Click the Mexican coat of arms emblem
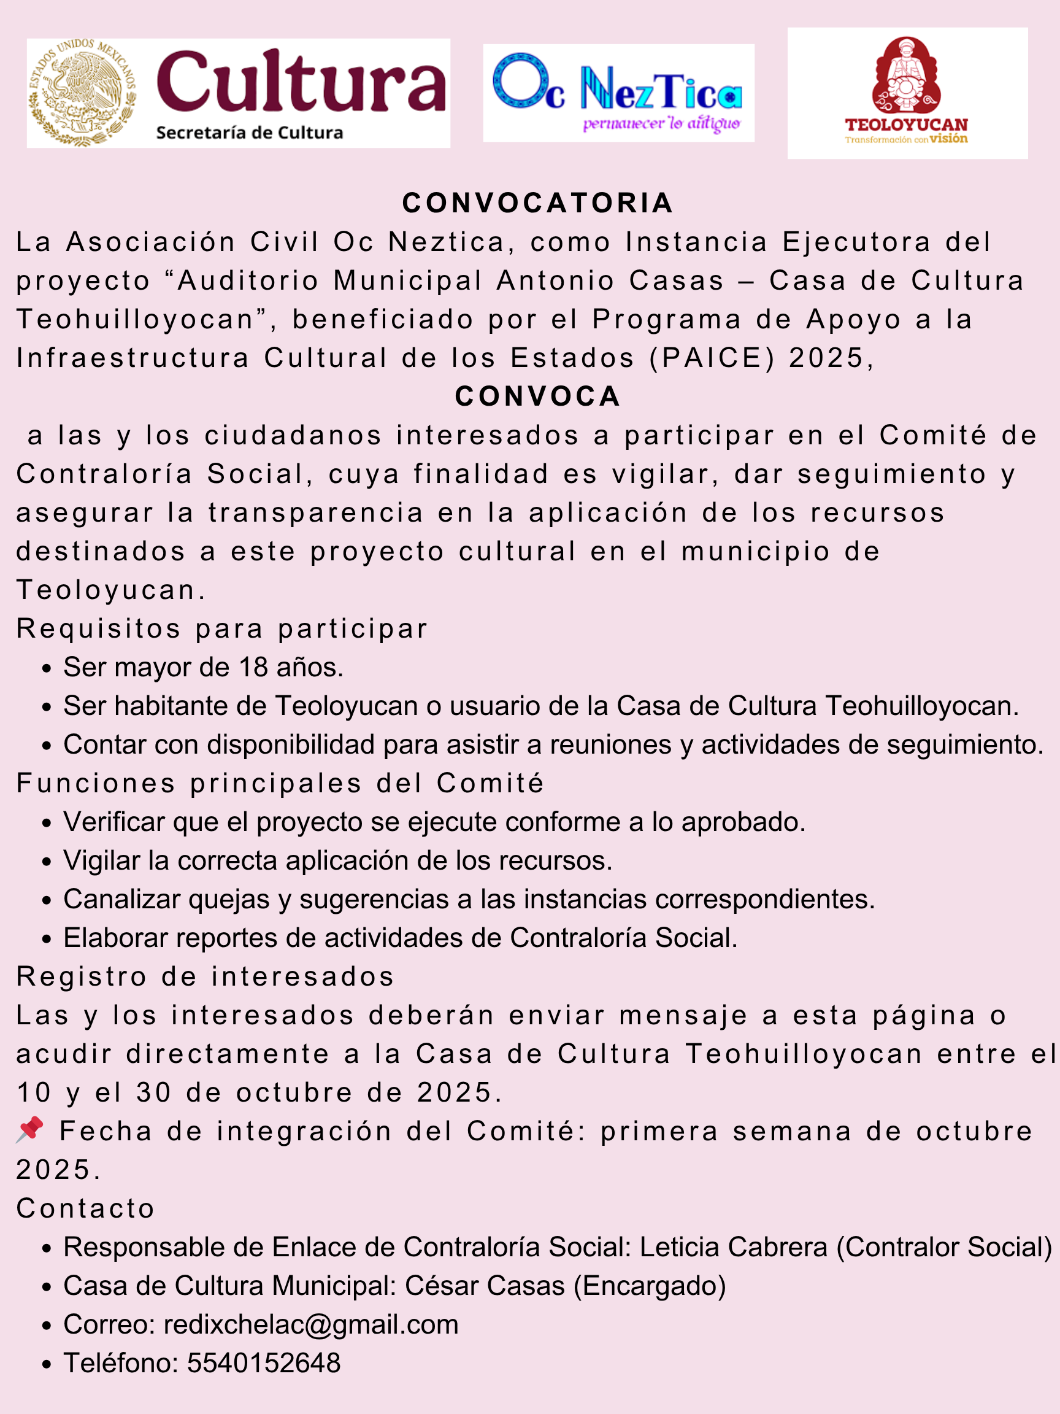click(82, 93)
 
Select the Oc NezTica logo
click(618, 93)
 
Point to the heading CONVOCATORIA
click(537, 203)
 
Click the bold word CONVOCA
click(537, 396)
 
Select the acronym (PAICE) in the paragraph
click(712, 358)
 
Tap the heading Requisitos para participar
click(221, 628)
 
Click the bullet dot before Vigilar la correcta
click(46, 862)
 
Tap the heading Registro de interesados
click(205, 976)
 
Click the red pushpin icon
click(30, 1129)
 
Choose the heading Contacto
click(86, 1208)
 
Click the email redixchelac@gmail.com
click(311, 1324)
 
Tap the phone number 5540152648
click(264, 1363)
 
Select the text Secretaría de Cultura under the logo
click(249, 133)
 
